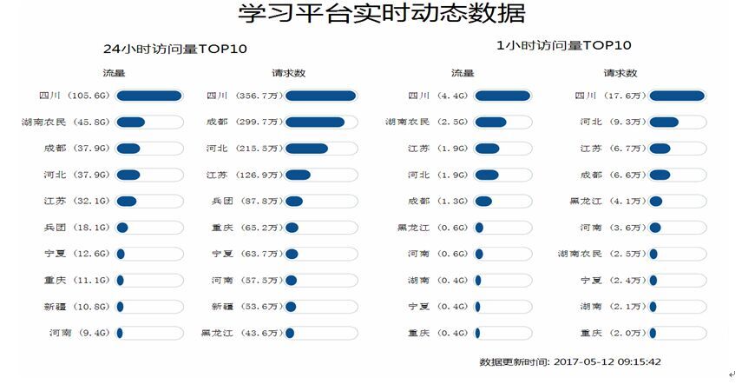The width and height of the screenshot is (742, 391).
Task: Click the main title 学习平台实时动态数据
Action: coord(382,15)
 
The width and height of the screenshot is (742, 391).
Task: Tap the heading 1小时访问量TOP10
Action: coord(563,45)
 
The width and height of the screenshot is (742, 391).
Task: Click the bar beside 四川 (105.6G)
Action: coord(149,96)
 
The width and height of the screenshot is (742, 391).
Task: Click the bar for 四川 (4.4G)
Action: coord(502,96)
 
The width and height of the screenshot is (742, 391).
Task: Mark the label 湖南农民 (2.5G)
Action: coord(426,123)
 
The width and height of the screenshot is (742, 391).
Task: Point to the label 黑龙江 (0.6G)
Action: coord(431,228)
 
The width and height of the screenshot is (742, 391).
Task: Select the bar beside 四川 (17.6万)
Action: coord(677,96)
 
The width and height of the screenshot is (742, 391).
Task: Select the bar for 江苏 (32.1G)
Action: coord(149,202)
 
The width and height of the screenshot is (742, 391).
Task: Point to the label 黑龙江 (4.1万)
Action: coord(605,202)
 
